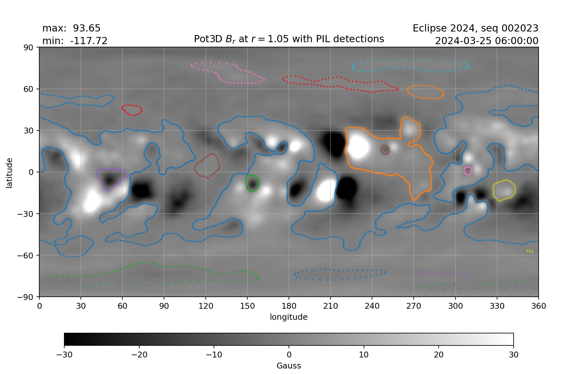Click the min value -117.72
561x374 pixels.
[88, 41]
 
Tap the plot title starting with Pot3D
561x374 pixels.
[289, 39]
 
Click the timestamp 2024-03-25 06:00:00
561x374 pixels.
[486, 41]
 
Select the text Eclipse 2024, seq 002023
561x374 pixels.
[475, 29]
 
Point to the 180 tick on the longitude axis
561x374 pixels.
[289, 306]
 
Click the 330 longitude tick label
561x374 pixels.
[497, 306]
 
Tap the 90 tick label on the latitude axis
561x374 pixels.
[29, 47]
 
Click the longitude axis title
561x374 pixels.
[289, 317]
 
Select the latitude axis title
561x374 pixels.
[9, 173]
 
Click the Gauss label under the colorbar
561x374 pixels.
[289, 366]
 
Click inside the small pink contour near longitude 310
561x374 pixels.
[467, 170]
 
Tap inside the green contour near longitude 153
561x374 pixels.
[253, 183]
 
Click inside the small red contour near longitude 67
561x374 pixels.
[132, 110]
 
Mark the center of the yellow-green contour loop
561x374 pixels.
[504, 190]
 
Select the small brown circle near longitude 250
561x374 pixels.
[385, 150]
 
